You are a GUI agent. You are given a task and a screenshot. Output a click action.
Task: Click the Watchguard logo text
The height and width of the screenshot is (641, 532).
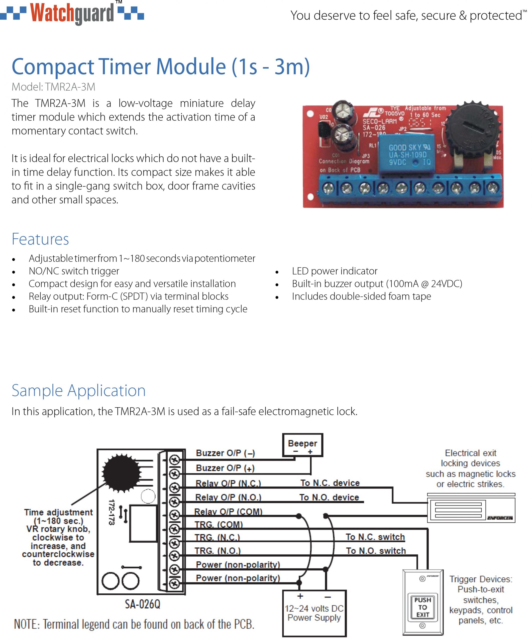[x=72, y=13]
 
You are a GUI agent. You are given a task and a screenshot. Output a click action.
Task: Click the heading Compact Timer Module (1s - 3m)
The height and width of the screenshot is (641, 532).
[x=161, y=67]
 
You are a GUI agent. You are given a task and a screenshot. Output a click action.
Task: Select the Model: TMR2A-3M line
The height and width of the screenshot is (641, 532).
[x=53, y=87]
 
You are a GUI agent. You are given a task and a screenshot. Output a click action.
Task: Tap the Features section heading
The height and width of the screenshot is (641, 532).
[x=40, y=239]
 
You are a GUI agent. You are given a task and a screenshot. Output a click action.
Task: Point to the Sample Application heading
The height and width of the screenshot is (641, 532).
[x=78, y=390]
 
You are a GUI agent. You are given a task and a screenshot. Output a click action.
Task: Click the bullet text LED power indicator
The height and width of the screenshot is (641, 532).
[x=334, y=271]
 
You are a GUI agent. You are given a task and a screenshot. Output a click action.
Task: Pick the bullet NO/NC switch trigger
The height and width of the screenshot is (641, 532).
[x=74, y=271]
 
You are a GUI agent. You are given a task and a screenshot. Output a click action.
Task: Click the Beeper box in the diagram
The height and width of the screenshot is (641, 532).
[x=302, y=445]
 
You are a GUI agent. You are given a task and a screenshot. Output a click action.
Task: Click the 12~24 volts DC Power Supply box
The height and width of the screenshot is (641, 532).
[x=314, y=613]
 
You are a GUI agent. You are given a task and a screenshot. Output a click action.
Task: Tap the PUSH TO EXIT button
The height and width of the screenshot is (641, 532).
[x=423, y=607]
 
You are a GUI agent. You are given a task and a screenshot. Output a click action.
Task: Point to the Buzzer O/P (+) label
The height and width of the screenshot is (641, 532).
[x=225, y=468]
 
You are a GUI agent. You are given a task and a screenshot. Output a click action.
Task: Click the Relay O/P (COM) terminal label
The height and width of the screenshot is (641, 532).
[x=228, y=512]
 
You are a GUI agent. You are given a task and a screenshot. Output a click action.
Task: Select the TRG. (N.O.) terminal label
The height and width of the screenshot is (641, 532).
[x=218, y=551]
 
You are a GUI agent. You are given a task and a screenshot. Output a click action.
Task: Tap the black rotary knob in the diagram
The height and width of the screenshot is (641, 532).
[x=121, y=473]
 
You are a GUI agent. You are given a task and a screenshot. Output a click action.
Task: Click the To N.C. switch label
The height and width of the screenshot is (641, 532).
[x=375, y=537]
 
